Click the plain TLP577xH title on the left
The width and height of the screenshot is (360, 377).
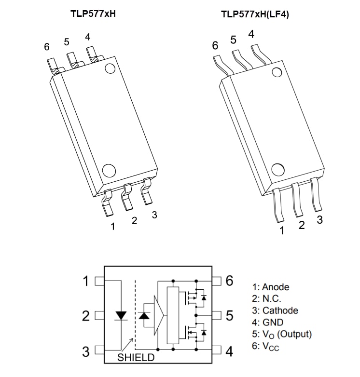coord(93,13)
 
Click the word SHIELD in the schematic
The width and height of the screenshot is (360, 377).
coord(136,357)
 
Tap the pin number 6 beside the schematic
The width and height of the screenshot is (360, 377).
coord(230,281)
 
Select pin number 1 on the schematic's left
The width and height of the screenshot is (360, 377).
coord(86,281)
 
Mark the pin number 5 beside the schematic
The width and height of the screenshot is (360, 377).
coord(230,316)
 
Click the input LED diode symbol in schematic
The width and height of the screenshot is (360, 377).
coord(121,316)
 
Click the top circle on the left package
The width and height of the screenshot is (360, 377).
coord(110,68)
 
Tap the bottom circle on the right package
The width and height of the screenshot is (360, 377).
coord(277,170)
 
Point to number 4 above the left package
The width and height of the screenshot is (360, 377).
coord(87,37)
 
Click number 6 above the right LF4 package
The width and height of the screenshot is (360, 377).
coord(215,45)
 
